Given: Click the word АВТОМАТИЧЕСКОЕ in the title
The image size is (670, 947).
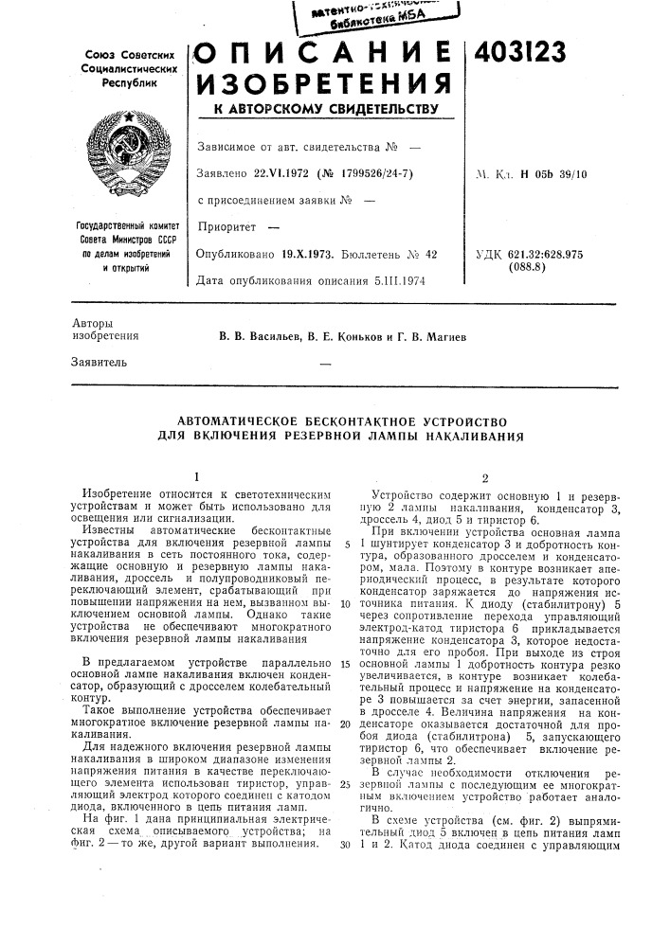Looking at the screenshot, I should pyautogui.click(x=239, y=420).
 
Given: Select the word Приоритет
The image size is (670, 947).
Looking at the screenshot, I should pyautogui.click(x=226, y=228).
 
